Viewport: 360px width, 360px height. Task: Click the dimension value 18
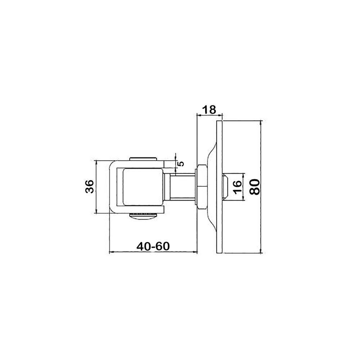[210, 109]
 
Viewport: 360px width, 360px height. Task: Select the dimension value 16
[237, 187]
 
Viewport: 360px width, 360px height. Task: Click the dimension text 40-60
[153, 246]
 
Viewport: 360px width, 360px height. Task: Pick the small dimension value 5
[181, 163]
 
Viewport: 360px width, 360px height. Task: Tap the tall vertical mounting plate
[220, 187]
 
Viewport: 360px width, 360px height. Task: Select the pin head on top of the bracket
[143, 159]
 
